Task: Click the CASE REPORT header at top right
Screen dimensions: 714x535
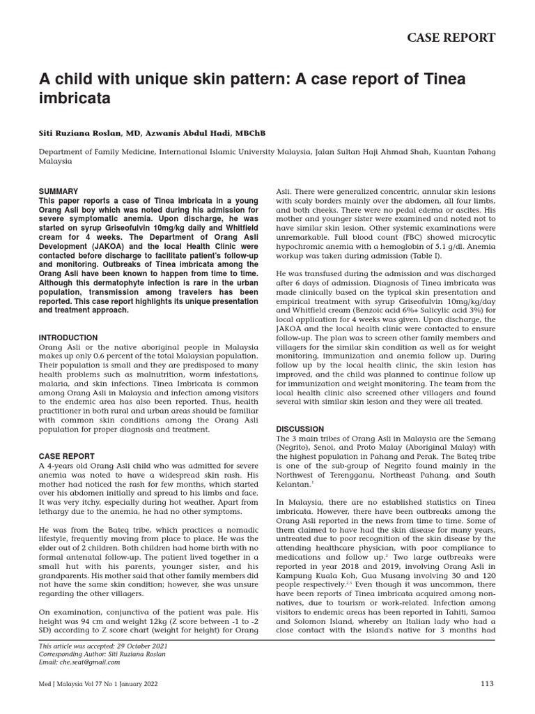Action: point(451,38)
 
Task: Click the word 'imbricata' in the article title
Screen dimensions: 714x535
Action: point(75,98)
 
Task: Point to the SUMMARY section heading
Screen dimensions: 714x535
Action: point(58,191)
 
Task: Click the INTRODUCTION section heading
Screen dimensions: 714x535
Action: point(68,337)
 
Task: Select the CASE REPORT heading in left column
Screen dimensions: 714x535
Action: point(66,455)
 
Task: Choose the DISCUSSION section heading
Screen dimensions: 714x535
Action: point(300,429)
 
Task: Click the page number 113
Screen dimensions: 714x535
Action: point(487,683)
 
